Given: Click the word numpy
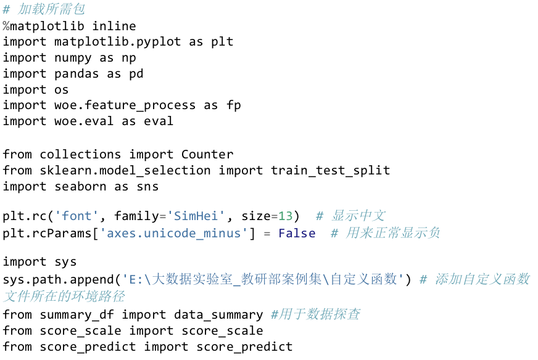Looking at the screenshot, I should pos(73,58).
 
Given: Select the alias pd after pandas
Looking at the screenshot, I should pos(136,74).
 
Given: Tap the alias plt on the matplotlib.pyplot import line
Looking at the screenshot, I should pos(222,42).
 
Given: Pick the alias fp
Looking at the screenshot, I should pos(234,105).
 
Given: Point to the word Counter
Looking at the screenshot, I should pos(207,154).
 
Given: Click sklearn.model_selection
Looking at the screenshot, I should pos(125,170).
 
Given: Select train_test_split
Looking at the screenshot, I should pos(331,170).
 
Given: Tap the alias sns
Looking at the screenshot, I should pos(147,186).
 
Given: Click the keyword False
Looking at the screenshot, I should pos(297,234).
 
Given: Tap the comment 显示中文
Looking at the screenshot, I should pos(358,216).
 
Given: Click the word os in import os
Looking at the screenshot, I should pos(62,90).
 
